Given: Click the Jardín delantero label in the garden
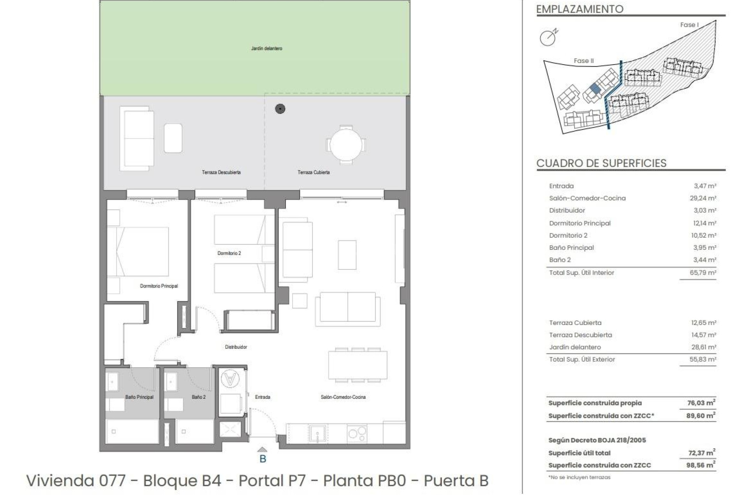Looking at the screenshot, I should click(267, 49).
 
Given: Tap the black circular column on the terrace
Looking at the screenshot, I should click(280, 109).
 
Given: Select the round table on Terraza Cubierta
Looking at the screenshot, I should click(346, 145).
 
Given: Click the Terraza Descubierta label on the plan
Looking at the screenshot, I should click(221, 172).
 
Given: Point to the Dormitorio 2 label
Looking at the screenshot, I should click(229, 253).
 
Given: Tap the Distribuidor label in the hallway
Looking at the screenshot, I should click(236, 347).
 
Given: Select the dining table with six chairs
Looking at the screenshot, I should click(358, 365).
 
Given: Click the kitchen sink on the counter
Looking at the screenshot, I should click(318, 433).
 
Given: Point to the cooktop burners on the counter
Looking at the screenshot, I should click(357, 433).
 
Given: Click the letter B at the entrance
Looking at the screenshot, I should click(263, 459).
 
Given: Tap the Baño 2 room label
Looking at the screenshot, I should click(198, 397).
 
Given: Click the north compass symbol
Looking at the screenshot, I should click(549, 37).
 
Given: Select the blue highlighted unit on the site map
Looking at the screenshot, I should click(595, 89).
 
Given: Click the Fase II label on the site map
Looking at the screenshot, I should click(584, 61).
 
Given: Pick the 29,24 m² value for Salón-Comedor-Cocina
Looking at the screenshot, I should click(703, 198).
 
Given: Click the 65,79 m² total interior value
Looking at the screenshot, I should click(703, 273).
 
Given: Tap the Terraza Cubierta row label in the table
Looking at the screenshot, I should click(575, 323).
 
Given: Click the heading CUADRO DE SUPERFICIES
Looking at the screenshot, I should click(601, 163).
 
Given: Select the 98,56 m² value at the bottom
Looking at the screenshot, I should click(700, 465).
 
